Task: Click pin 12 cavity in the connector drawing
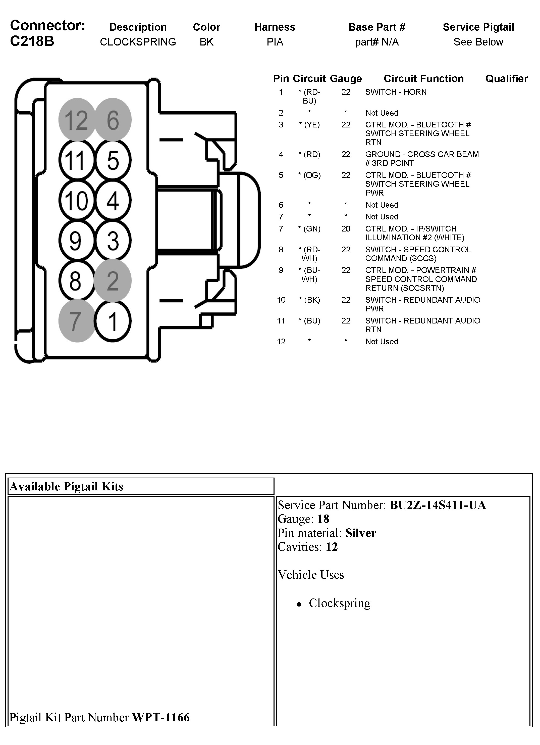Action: pyautogui.click(x=77, y=120)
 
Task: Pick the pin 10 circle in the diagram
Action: pyautogui.click(x=77, y=200)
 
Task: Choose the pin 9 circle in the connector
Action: pyautogui.click(x=77, y=241)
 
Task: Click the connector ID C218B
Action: pyautogui.click(x=32, y=41)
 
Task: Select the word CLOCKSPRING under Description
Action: pyautogui.click(x=138, y=42)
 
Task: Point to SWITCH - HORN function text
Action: pyautogui.click(x=396, y=92)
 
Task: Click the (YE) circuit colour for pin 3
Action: pyautogui.click(x=309, y=125)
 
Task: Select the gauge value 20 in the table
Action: pyautogui.click(x=346, y=229)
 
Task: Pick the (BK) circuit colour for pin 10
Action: pyautogui.click(x=309, y=300)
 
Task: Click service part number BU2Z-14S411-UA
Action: pyautogui.click(x=438, y=505)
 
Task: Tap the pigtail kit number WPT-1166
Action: pyautogui.click(x=161, y=717)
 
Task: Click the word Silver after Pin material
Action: pyautogui.click(x=361, y=533)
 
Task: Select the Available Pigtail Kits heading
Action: pyautogui.click(x=66, y=486)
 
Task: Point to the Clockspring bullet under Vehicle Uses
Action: pyautogui.click(x=339, y=603)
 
